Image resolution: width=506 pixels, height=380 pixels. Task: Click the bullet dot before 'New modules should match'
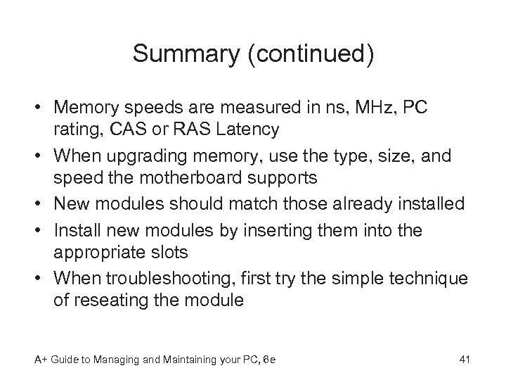pyautogui.click(x=40, y=204)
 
